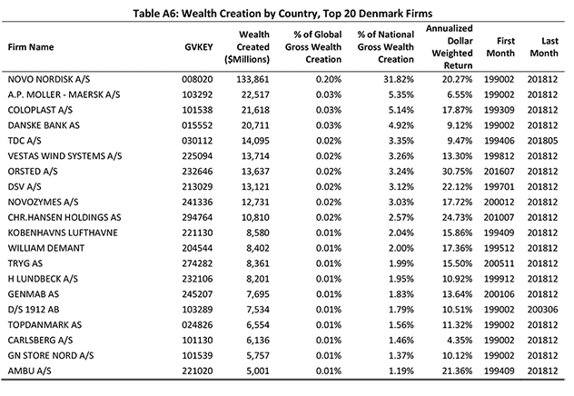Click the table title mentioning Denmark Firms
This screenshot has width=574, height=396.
[282, 14]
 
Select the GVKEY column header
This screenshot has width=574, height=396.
[198, 47]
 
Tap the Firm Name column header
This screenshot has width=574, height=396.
[31, 47]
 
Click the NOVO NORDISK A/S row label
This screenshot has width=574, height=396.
[49, 79]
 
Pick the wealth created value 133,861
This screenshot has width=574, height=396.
[252, 79]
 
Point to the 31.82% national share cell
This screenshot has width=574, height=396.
[399, 79]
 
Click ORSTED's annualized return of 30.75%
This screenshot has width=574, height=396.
[457, 172]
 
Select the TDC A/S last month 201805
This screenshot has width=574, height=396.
[542, 141]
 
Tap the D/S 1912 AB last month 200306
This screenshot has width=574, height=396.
[542, 310]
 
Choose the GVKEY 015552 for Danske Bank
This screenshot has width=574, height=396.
[197, 125]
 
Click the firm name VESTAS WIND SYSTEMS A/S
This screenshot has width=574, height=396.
[64, 156]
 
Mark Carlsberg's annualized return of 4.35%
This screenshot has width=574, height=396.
[460, 341]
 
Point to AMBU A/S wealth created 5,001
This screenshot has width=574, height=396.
[258, 371]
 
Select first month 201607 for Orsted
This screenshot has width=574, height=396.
[499, 172]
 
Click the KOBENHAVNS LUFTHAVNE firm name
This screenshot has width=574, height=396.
[63, 233]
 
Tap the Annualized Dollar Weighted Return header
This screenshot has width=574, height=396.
[450, 47]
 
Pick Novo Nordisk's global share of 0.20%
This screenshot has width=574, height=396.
[329, 79]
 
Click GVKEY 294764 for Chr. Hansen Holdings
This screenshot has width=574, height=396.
[197, 218]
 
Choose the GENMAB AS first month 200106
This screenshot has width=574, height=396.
[499, 294]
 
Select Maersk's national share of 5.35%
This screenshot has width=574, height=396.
[401, 94]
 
